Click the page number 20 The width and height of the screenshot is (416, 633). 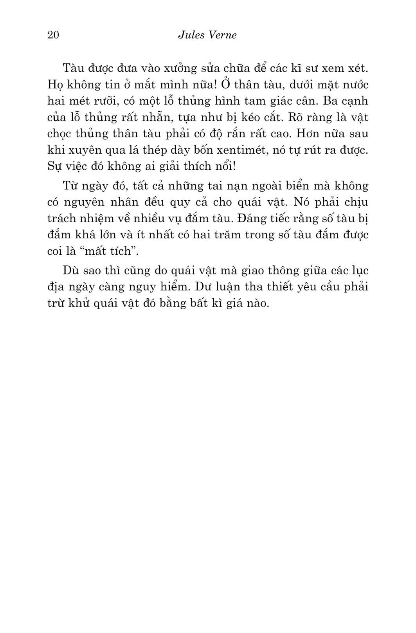click(x=53, y=35)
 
